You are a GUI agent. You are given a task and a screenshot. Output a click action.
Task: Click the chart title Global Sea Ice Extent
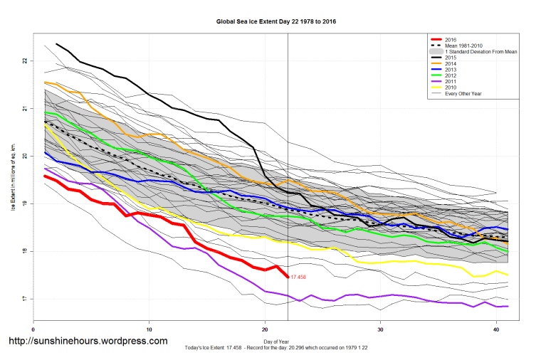[275, 22]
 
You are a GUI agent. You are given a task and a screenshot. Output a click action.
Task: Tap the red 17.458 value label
[300, 277]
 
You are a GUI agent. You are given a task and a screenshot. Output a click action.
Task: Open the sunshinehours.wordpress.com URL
[88, 341]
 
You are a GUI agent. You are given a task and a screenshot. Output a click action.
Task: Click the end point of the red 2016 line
[288, 277]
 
